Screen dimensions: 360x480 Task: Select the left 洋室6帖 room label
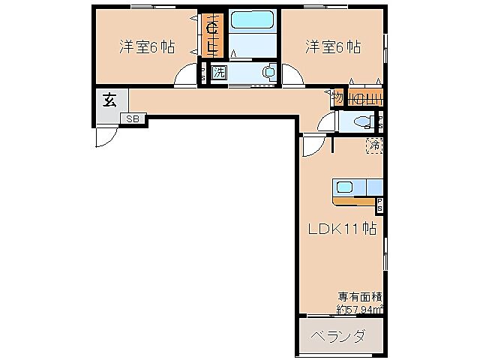[147, 46]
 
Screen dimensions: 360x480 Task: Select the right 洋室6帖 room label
[332, 46]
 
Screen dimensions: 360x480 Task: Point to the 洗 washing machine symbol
[218, 73]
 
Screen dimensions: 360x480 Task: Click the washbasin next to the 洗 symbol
[268, 73]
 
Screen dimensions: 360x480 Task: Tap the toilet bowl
[361, 123]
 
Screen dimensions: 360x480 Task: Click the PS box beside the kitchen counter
[379, 202]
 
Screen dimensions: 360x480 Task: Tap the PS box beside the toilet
[380, 123]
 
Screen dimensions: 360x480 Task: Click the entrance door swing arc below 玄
[106, 136]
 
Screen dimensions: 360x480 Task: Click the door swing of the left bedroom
[184, 76]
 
